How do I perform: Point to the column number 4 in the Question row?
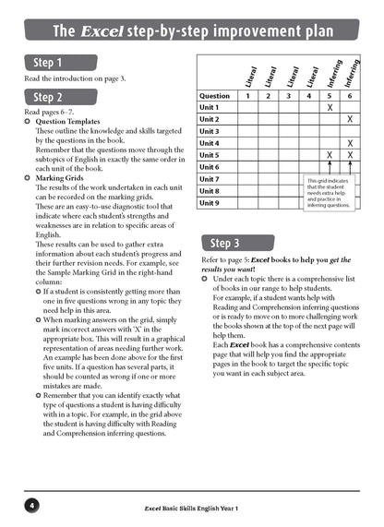click(310, 95)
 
